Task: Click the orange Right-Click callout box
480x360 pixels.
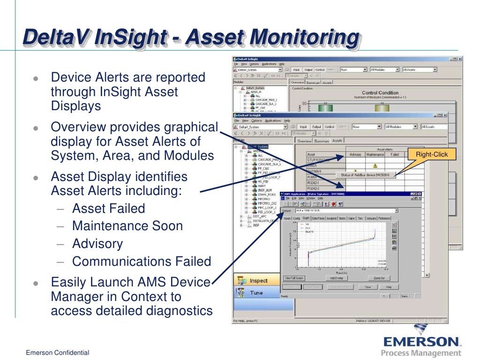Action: [x=432, y=154]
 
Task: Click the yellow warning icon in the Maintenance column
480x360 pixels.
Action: [x=375, y=165]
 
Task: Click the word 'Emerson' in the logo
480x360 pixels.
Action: [x=420, y=340]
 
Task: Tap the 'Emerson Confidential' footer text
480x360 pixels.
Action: [x=57, y=352]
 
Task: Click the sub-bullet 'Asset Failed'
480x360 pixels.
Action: [x=108, y=209]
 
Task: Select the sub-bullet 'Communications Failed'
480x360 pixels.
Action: [x=142, y=261]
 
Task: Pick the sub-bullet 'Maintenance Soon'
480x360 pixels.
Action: [x=127, y=226]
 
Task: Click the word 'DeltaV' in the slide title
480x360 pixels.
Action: [x=56, y=37]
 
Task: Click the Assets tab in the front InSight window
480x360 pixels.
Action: [x=337, y=141]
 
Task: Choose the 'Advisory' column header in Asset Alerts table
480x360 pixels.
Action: [x=355, y=154]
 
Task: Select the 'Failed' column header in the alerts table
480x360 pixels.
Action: [x=394, y=154]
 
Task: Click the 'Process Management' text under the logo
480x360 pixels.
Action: [x=421, y=353]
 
